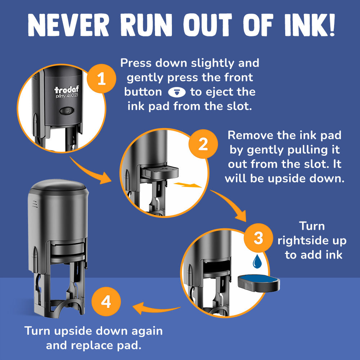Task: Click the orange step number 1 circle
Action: (101, 78)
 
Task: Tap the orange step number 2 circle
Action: (203, 144)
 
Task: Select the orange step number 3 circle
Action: (259, 238)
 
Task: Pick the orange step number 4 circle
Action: (106, 301)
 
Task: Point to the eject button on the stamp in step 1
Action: (67, 111)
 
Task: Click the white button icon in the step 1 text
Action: (177, 92)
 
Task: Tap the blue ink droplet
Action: (257, 261)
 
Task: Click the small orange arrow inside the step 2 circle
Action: (187, 185)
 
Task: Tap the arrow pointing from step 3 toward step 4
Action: (156, 309)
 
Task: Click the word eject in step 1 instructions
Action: (220, 92)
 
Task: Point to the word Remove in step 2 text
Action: (250, 135)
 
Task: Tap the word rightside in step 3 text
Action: (302, 241)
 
